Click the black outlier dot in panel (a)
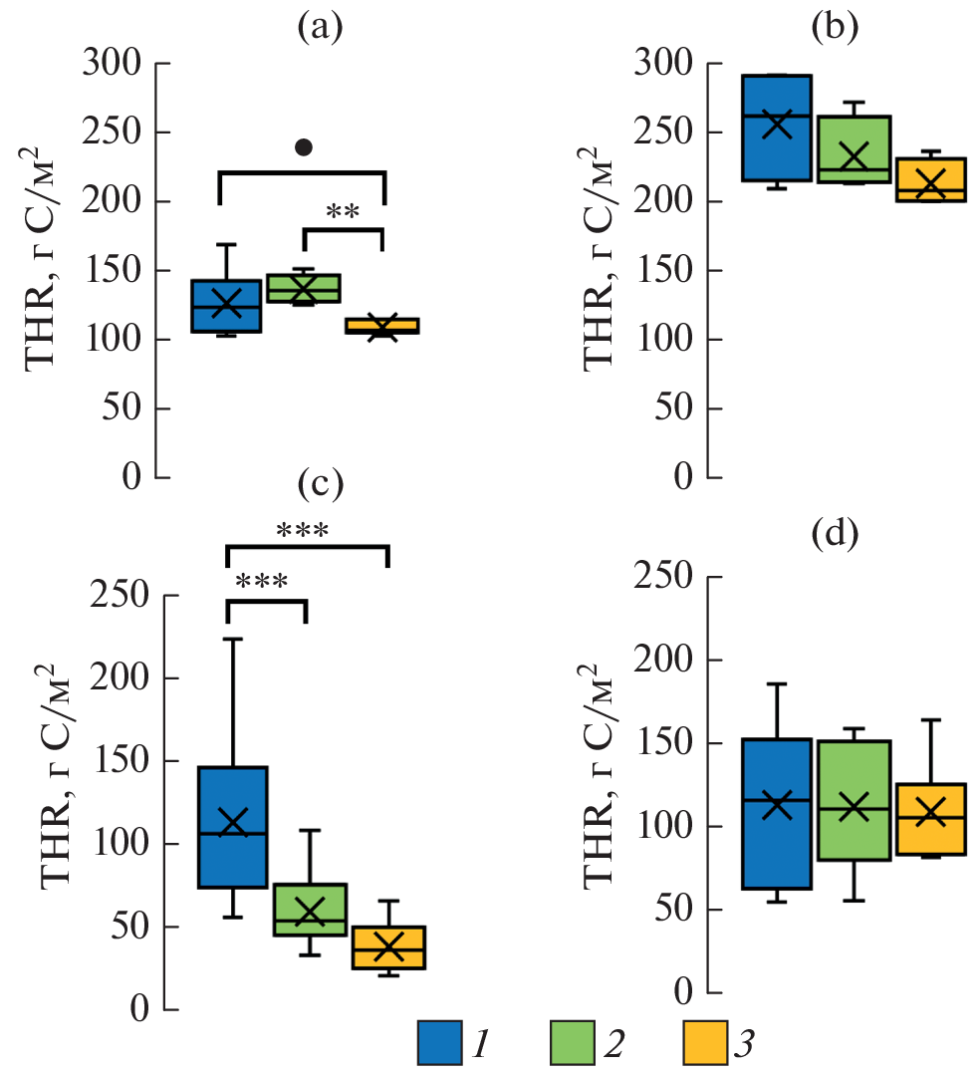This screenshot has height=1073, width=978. [304, 147]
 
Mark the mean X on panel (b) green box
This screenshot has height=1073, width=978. [854, 156]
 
